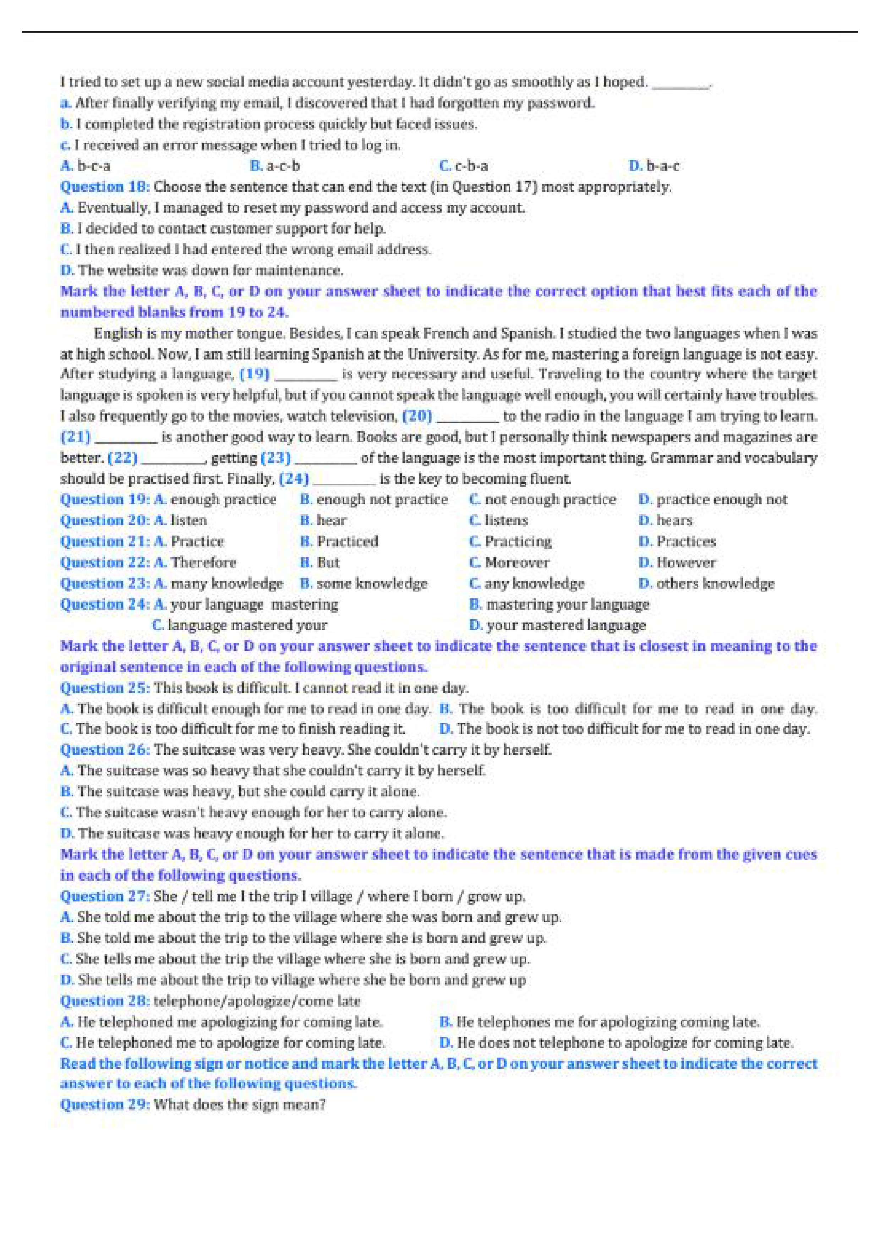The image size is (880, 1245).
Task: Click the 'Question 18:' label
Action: [105, 187]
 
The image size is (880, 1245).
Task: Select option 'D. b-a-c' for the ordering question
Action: [654, 166]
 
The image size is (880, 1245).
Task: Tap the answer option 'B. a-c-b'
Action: [275, 166]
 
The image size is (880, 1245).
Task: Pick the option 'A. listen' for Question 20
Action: [181, 521]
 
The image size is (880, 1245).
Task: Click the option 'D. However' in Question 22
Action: [677, 563]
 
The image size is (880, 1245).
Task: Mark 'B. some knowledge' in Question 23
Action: [364, 584]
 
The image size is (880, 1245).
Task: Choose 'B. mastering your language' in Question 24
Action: [559, 605]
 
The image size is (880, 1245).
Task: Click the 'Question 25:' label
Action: [105, 688]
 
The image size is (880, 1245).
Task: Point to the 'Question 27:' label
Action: [105, 896]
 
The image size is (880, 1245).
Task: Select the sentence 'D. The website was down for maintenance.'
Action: [202, 270]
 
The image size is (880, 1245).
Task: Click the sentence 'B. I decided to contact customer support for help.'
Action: [223, 229]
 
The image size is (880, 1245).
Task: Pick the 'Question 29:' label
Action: [105, 1104]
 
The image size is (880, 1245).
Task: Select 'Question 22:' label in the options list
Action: [105, 563]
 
